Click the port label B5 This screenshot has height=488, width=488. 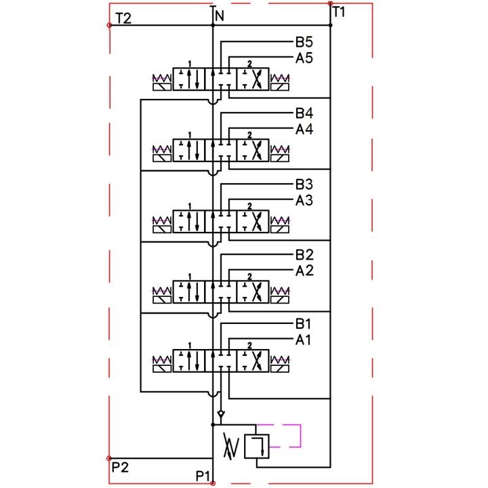click(304, 42)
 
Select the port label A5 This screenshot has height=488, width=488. click(304, 58)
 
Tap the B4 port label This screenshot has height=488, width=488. click(304, 113)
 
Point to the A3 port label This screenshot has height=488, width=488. click(304, 201)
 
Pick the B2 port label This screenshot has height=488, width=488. click(304, 255)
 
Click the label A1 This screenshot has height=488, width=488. click(303, 340)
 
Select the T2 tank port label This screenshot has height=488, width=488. click(123, 19)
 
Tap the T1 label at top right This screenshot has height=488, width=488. click(339, 12)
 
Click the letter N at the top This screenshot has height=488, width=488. click(220, 16)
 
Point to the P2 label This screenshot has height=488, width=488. click(120, 468)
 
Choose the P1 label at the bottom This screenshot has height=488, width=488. click(203, 476)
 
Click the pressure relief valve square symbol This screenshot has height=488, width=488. click(256, 446)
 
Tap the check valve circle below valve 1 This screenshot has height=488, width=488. click(221, 413)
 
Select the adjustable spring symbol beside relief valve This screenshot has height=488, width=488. click(231, 446)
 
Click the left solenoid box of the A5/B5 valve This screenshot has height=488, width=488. click(162, 87)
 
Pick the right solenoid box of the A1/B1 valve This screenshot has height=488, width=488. click(280, 369)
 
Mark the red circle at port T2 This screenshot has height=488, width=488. click(109, 25)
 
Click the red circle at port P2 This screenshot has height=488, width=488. click(109, 458)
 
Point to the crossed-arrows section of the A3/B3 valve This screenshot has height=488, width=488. click(253, 221)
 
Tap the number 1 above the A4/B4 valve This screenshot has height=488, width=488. click(190, 135)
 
